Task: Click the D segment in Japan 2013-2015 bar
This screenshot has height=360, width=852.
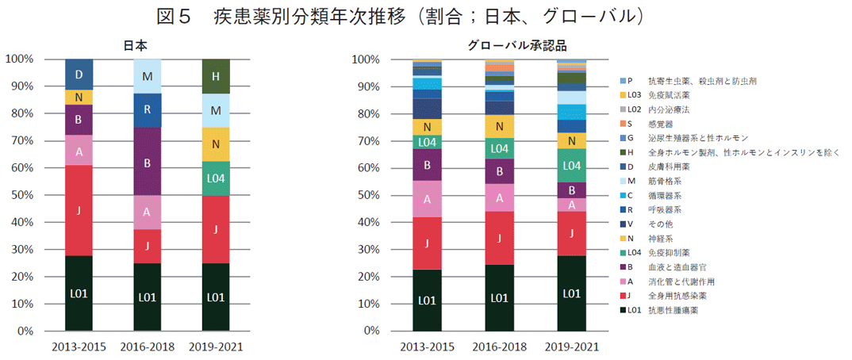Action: click(x=79, y=74)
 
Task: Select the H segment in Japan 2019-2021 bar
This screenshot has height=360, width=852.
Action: click(x=215, y=76)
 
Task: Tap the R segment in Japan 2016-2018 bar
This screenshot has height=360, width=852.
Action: click(x=147, y=109)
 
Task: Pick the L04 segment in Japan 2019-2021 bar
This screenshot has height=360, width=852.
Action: click(x=215, y=178)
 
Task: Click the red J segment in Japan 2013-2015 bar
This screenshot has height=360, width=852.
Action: click(x=79, y=210)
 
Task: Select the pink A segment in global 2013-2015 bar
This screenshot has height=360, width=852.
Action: click(x=427, y=199)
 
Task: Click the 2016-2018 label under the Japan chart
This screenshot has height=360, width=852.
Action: click(x=147, y=347)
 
